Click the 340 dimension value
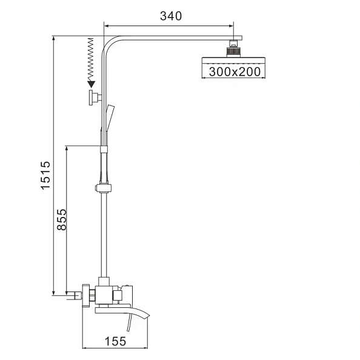pyautogui.click(x=170, y=16)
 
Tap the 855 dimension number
pyautogui.click(x=61, y=219)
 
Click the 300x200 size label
pyautogui.click(x=234, y=72)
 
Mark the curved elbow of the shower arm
pyautogui.click(x=110, y=44)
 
